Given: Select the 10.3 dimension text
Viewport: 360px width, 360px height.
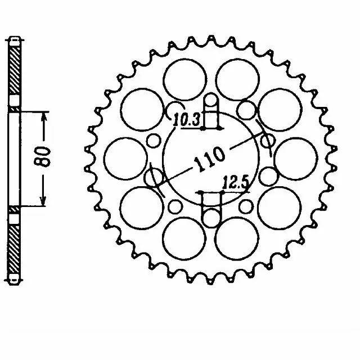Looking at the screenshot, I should pos(183,119).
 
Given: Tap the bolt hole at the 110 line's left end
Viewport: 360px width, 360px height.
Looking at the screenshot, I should pos(152,178).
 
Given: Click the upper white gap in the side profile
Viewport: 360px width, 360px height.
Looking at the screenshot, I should pos(15,102).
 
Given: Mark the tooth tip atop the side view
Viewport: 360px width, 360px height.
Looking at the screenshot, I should pos(15,41).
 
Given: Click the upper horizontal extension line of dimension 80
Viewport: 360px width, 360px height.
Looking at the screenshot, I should pos(34,110).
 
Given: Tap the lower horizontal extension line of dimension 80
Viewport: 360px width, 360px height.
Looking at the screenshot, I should pos(34,206).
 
